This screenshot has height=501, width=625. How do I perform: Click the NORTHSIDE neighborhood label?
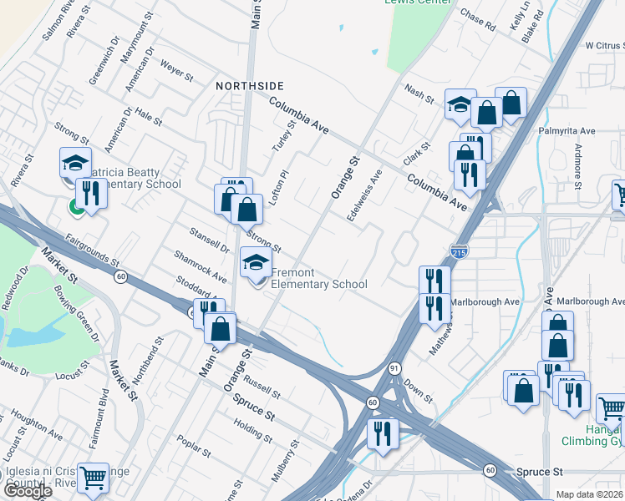click(250, 86)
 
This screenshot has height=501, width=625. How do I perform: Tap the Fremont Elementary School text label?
click(318, 279)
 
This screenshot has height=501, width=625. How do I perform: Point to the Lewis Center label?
click(418, 2)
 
